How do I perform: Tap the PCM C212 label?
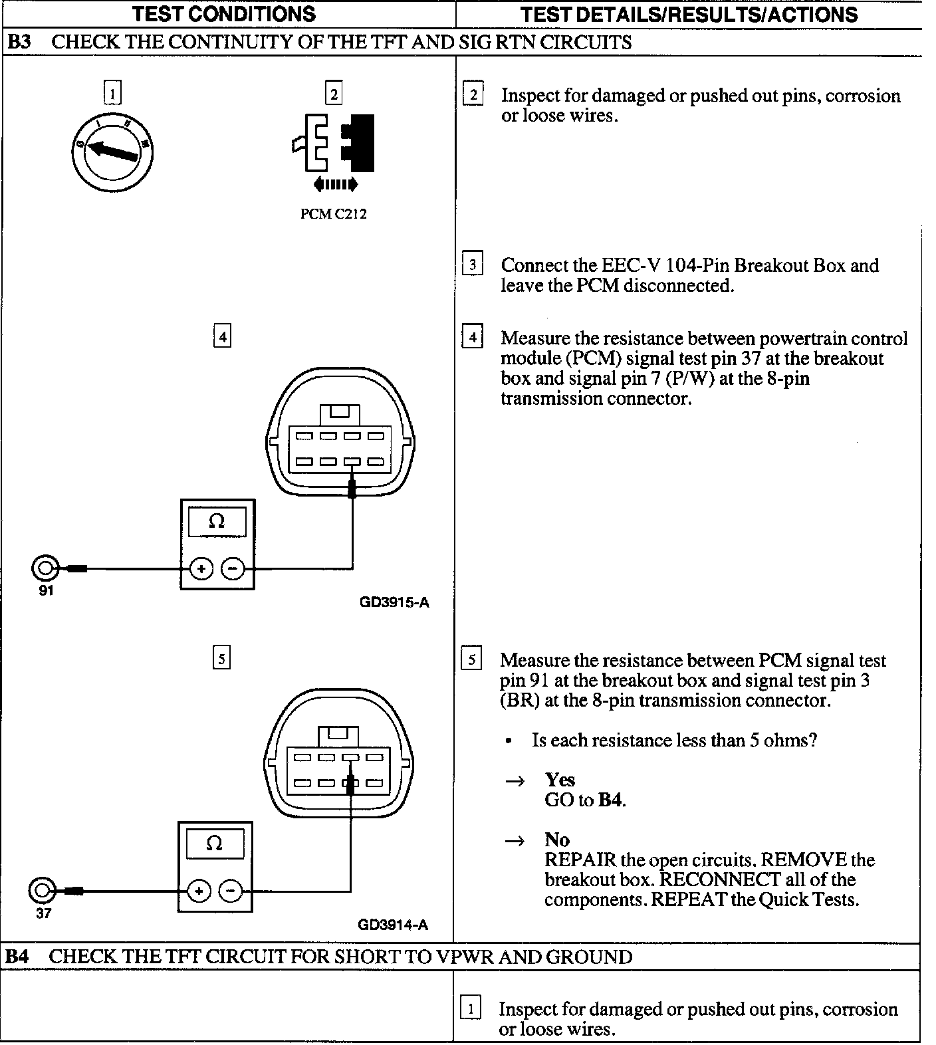click(x=333, y=214)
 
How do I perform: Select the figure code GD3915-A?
click(x=394, y=603)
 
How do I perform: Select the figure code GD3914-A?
click(x=393, y=925)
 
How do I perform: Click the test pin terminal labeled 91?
click(x=45, y=568)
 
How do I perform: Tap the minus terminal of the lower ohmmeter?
click(x=230, y=891)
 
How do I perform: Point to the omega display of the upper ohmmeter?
click(x=217, y=522)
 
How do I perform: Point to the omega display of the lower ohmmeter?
click(x=214, y=844)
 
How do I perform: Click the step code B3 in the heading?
click(x=19, y=43)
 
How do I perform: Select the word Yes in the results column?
click(x=560, y=779)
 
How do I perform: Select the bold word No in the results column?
click(x=557, y=840)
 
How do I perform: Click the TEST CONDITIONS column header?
click(x=224, y=13)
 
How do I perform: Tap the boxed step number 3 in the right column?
click(x=472, y=265)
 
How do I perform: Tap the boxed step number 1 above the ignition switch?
click(x=112, y=94)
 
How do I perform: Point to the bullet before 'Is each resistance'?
click(x=509, y=741)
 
